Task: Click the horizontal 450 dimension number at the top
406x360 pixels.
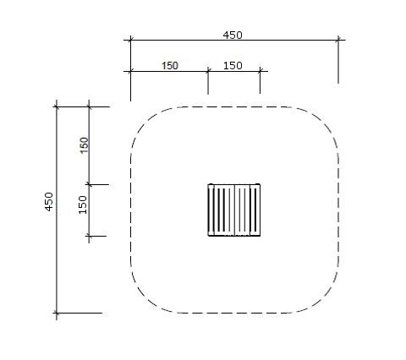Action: click(x=233, y=35)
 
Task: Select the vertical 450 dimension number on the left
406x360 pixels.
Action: click(x=49, y=202)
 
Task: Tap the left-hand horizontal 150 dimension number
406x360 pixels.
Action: click(x=170, y=66)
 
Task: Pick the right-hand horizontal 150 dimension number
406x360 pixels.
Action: click(x=233, y=66)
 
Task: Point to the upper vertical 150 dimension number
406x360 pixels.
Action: click(x=85, y=145)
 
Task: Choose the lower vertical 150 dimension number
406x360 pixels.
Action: click(x=83, y=205)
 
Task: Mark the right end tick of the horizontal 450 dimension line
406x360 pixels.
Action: click(x=338, y=40)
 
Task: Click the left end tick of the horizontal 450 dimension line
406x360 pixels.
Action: click(x=130, y=40)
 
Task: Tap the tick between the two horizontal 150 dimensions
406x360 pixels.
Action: click(x=208, y=71)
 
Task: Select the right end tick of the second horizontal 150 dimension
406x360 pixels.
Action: click(x=260, y=71)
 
